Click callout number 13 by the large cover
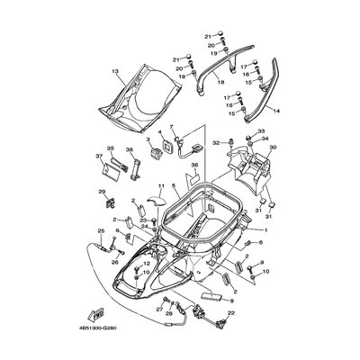[115, 70]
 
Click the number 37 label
[98, 156]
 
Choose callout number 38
[130, 148]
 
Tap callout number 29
[102, 192]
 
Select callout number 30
[273, 146]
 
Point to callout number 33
[262, 132]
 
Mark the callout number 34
[264, 139]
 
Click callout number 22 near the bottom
[230, 312]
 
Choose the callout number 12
[146, 265]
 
